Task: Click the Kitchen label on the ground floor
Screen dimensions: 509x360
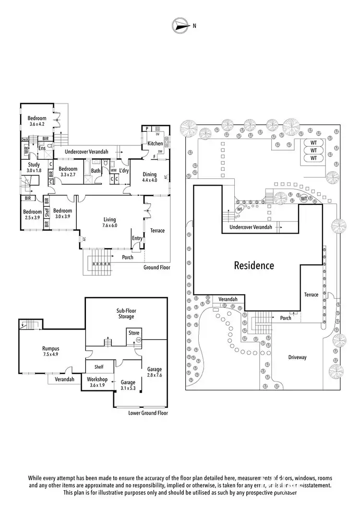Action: pos(155,143)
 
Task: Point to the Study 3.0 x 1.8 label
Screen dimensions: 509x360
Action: pos(34,167)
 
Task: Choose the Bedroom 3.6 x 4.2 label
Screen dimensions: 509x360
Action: pos(36,121)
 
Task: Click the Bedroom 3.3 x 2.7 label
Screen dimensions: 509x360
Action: pos(68,172)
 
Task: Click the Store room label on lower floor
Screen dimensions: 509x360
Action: pos(133,333)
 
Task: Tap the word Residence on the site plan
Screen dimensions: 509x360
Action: pos(254,265)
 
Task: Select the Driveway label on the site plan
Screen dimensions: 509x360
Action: pos(297,357)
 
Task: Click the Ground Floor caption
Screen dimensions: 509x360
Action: pos(156,268)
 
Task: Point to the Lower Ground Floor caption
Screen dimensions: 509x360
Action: pos(148,413)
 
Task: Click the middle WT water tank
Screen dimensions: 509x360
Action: pos(313,150)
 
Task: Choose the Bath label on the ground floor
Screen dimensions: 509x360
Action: pos(96,170)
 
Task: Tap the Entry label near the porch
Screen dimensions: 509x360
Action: pos(137,238)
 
